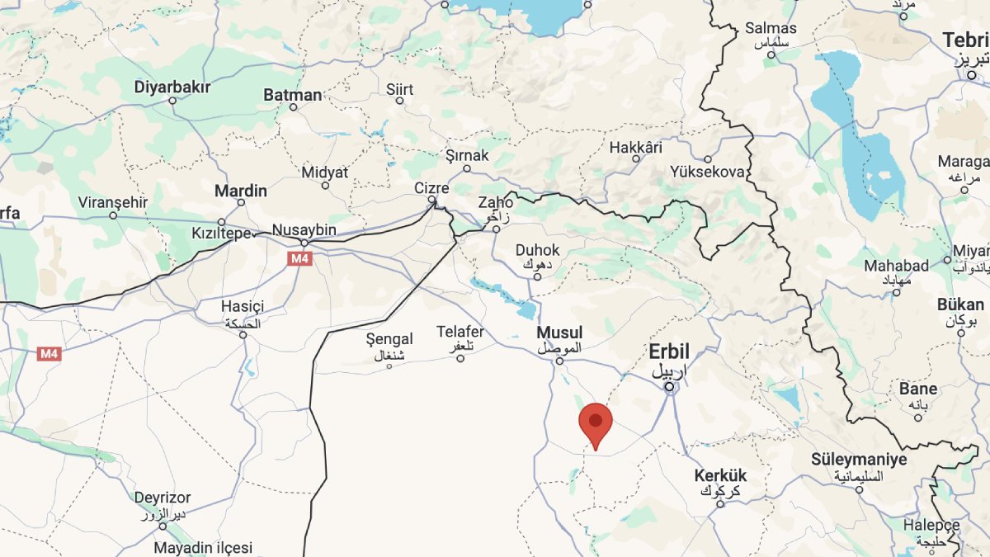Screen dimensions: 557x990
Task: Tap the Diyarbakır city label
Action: tap(172, 87)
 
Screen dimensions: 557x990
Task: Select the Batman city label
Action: tap(292, 95)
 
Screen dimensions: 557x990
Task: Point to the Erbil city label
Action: tap(668, 352)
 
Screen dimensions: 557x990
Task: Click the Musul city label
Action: tap(559, 333)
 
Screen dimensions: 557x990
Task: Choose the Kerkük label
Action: tap(719, 476)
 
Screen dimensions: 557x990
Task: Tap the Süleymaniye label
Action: tap(858, 460)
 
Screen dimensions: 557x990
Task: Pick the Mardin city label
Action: tap(241, 191)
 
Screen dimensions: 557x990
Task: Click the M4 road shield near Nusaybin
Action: tap(299, 259)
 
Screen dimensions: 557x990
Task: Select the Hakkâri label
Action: tap(636, 148)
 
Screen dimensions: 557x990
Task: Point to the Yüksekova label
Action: tap(707, 172)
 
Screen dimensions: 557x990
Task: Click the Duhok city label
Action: tap(537, 250)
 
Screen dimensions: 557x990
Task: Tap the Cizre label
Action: tap(431, 188)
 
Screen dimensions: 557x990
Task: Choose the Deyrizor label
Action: tap(163, 498)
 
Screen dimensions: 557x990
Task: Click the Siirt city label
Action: tap(399, 88)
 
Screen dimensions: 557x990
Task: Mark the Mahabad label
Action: tap(896, 266)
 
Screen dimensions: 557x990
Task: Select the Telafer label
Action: tap(460, 333)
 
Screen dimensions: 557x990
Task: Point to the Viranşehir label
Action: tap(113, 202)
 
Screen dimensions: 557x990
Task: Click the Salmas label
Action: tap(771, 28)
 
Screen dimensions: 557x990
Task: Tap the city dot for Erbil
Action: tap(670, 385)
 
